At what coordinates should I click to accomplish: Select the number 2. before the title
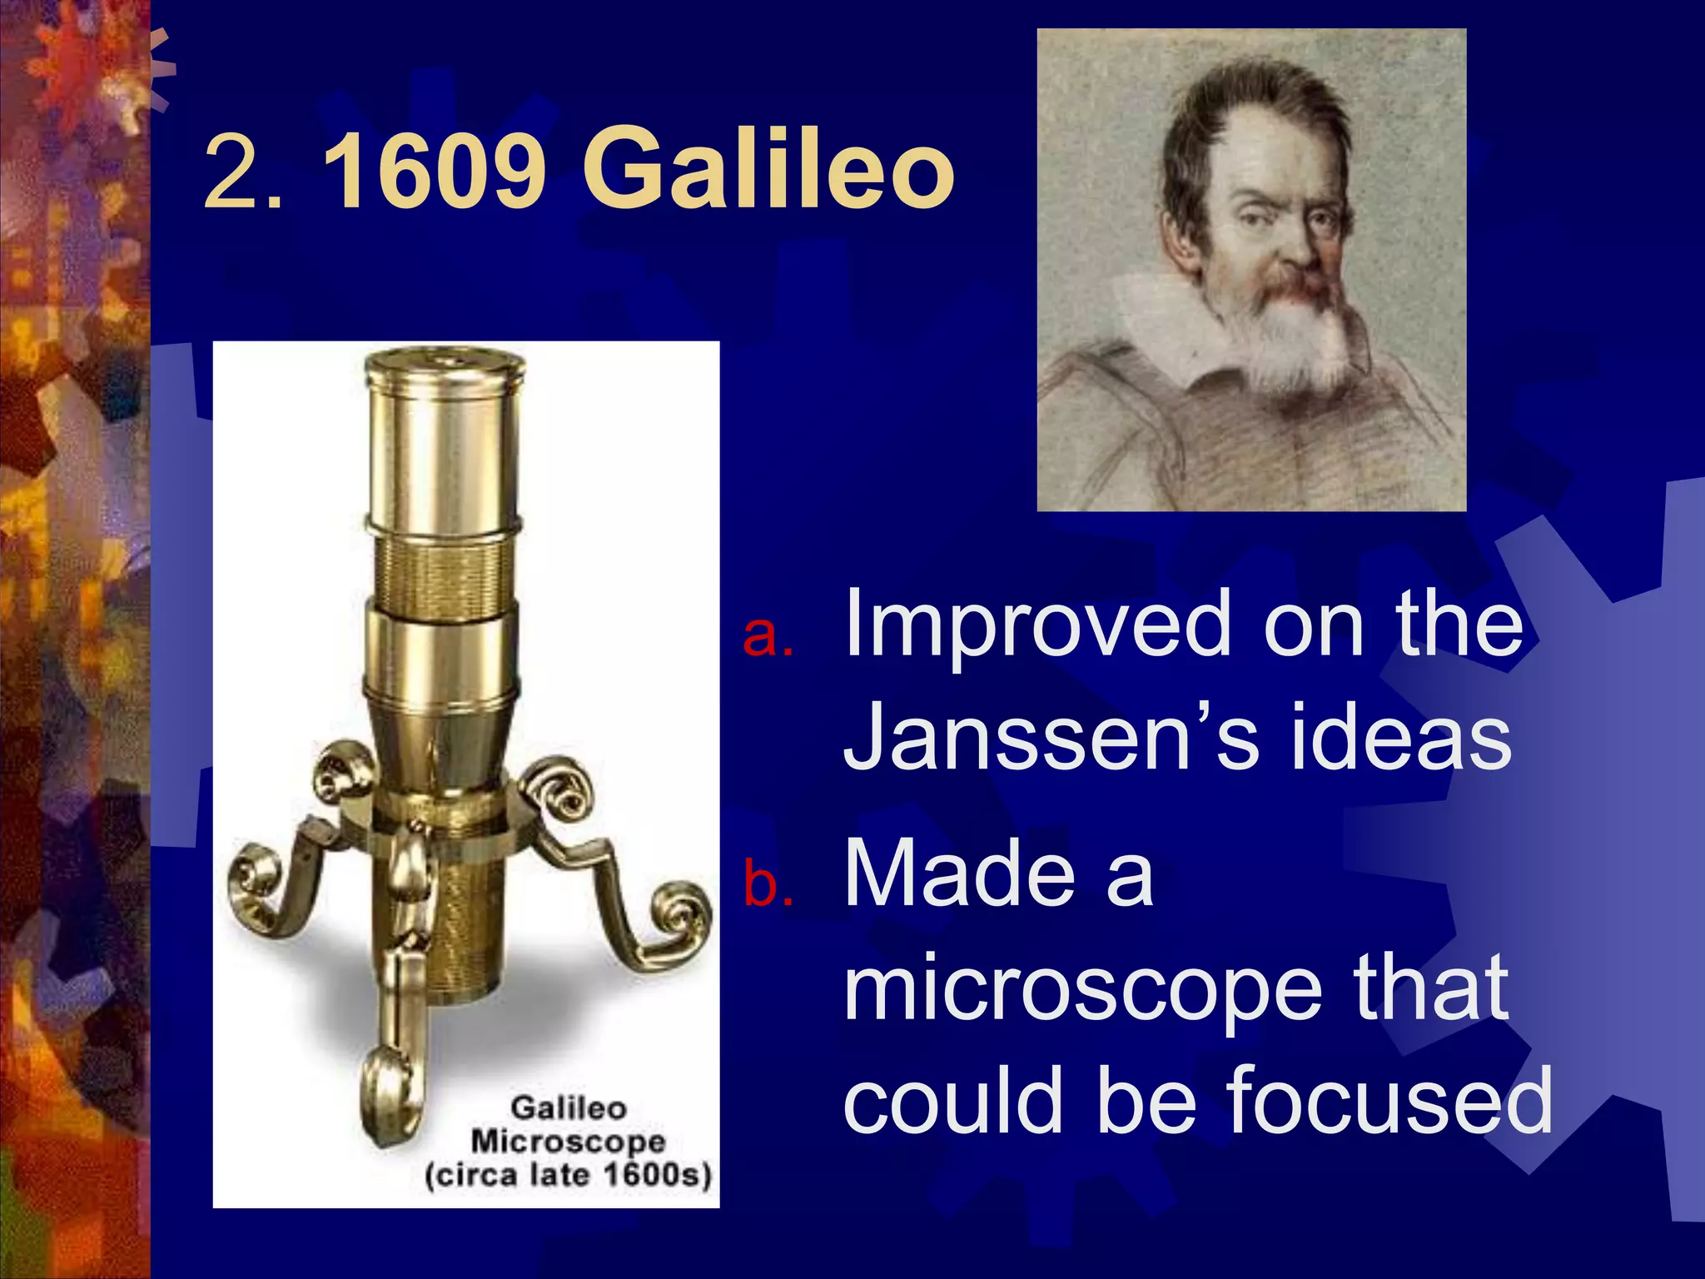[x=243, y=171]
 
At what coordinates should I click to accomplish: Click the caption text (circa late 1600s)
[x=569, y=1176]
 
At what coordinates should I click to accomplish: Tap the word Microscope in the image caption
[x=569, y=1142]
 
